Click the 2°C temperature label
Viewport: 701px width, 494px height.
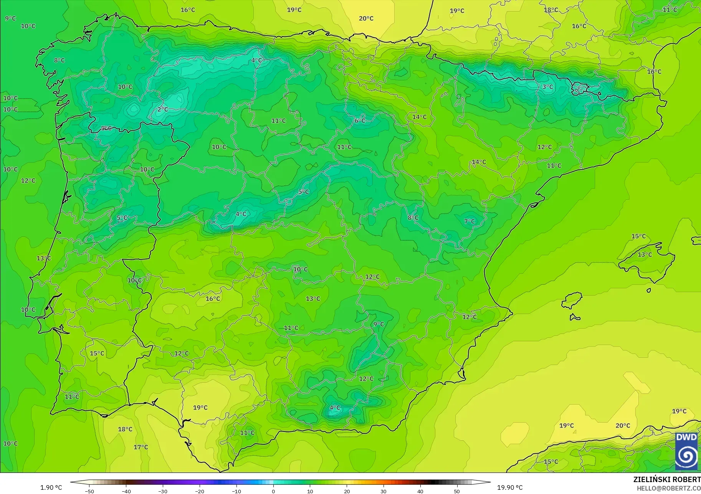coord(163,109)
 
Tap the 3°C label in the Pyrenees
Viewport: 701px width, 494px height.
coord(548,87)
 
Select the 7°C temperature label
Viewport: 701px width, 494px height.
coord(470,221)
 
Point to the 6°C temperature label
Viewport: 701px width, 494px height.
coord(360,121)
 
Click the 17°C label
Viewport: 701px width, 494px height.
coord(141,447)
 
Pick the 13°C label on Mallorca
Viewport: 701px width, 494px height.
coord(645,255)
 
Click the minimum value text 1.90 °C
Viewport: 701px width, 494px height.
coord(51,487)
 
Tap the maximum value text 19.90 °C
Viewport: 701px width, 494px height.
coord(510,487)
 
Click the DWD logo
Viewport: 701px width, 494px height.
coord(686,451)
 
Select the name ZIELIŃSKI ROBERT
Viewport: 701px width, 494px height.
coord(667,479)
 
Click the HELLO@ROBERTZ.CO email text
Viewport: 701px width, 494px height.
coord(669,488)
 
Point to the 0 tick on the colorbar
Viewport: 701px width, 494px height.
coord(273,491)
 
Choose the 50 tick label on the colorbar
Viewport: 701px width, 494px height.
coord(457,491)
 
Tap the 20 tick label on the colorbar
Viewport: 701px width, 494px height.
coord(347,491)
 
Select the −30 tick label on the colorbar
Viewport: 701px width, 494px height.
coord(163,491)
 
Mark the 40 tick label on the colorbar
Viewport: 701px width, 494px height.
coord(420,491)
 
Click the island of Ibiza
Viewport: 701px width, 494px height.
coord(572,300)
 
